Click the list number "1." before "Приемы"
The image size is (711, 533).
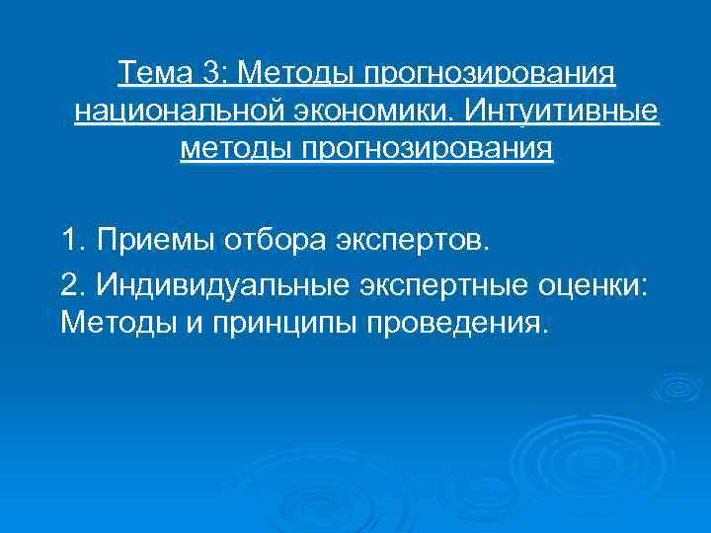click(74, 239)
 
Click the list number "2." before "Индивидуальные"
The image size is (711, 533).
click(74, 284)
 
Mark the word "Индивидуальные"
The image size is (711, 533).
click(217, 284)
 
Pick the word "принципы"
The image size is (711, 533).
click(260, 322)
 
